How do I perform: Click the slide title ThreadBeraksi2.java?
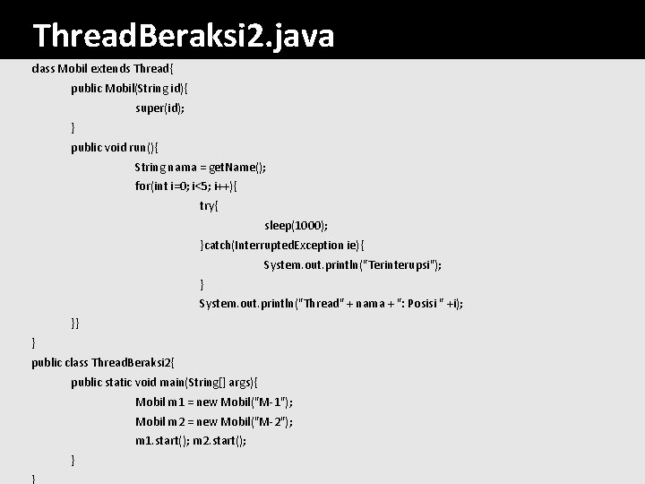(183, 36)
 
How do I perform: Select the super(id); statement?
(160, 108)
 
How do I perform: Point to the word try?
(209, 206)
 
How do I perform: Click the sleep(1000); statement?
(296, 226)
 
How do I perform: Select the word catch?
(219, 245)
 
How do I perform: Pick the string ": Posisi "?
(412, 304)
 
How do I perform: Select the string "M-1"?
(272, 402)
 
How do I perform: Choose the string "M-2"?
(272, 421)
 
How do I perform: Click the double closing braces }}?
(75, 323)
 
